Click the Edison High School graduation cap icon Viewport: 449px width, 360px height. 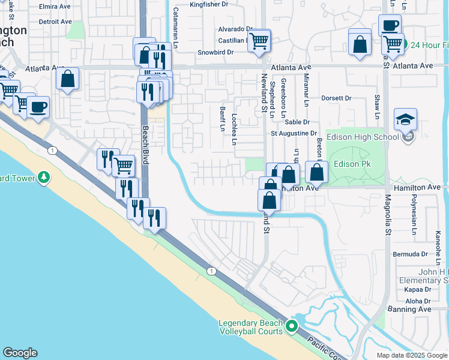406,119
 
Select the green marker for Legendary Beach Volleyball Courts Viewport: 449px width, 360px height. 292,326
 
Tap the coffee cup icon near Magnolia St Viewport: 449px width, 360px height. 390,26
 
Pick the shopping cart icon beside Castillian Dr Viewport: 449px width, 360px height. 259,41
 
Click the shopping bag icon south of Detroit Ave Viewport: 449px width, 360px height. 68,79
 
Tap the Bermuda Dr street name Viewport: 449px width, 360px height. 411,254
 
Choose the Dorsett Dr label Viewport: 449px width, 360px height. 336,98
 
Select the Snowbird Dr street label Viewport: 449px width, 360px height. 215,53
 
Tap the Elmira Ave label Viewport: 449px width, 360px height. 55,7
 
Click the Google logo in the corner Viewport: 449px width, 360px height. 20,353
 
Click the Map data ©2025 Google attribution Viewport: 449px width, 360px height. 411,355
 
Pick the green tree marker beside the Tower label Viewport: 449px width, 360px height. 44,178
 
